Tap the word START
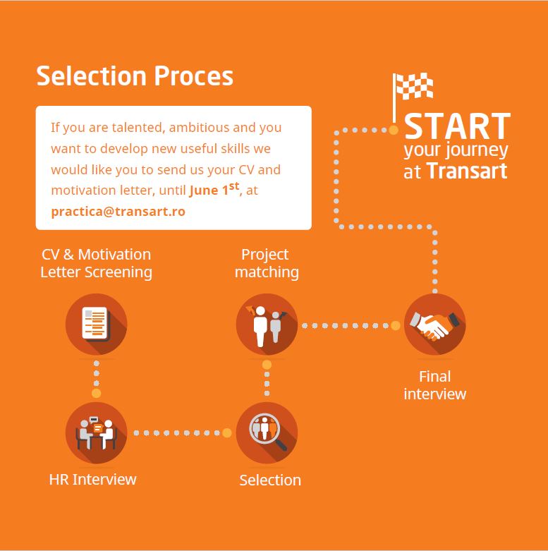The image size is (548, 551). coord(457,126)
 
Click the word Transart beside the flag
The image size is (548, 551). coord(467,171)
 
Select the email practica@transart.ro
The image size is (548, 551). coord(118,212)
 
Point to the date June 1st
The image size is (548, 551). coord(214,189)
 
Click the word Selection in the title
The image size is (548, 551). coord(92,76)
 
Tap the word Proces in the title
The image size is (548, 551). coord(193,76)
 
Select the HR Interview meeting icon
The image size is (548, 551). coord(96,432)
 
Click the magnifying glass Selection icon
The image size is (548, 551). coord(267,432)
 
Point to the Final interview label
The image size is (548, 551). coord(435,385)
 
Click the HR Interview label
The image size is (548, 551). coord(92,480)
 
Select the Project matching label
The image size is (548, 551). coord(267,264)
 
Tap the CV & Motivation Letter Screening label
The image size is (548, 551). coord(96,264)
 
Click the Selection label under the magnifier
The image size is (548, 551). coord(270,480)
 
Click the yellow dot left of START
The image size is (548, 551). coord(394,130)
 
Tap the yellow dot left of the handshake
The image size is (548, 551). coord(396,326)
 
